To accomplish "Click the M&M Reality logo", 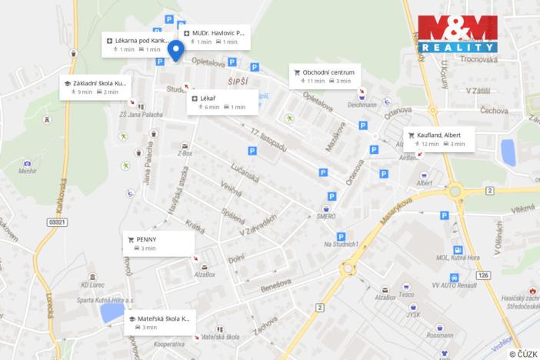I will coord(457,33).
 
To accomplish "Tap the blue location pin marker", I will coord(175,51).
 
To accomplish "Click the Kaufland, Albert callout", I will coord(439,138).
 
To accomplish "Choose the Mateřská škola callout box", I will coord(160,322).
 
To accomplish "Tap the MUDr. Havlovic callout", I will coord(215,38).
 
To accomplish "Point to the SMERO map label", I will coord(325,217).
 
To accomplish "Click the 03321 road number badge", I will coord(55,222).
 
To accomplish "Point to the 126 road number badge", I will coord(482,275).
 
